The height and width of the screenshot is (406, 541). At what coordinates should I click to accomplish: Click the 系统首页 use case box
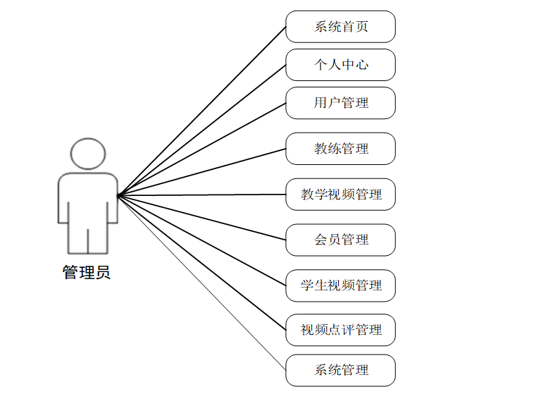340,27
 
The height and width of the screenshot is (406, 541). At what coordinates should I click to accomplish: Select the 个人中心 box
340,65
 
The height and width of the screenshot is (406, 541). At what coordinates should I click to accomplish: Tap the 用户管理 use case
340,103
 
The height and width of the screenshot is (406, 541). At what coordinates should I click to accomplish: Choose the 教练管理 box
340,149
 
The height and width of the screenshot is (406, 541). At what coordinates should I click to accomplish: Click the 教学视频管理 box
340,195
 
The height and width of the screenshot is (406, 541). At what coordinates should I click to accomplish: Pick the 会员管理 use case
340,240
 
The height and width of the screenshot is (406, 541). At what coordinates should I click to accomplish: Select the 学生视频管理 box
340,285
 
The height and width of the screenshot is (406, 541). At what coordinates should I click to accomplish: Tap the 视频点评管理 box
340,330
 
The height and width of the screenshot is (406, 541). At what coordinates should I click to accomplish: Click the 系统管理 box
340,370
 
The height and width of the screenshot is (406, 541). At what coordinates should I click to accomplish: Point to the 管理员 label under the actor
87,273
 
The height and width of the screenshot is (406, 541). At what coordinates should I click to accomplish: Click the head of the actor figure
88,154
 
